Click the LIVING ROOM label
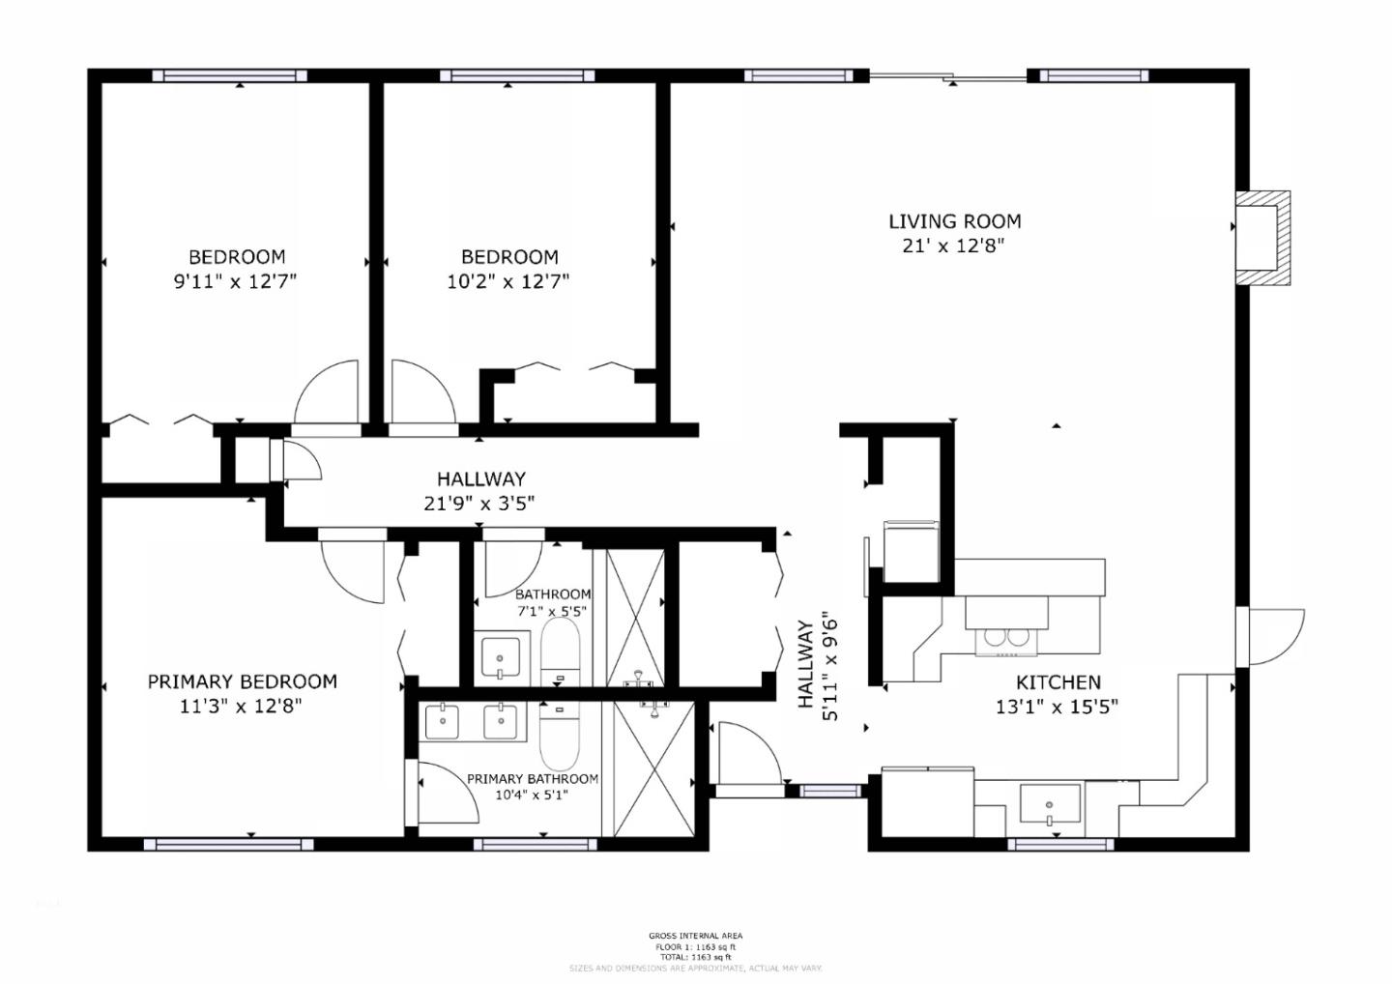point(954,221)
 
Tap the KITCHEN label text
point(1058,682)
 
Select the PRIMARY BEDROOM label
point(242,681)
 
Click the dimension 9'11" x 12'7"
point(237,281)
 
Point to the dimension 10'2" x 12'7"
point(509,281)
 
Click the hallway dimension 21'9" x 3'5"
point(480,503)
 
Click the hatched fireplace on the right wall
point(1264,238)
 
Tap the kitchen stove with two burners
point(1005,637)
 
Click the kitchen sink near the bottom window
point(1051,803)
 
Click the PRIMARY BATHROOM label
point(532,779)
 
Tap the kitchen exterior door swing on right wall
point(1274,637)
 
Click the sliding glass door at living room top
point(947,76)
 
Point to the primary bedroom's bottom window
point(228,844)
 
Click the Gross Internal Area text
point(695,936)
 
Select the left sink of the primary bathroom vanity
point(443,721)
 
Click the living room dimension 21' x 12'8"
point(953,246)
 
